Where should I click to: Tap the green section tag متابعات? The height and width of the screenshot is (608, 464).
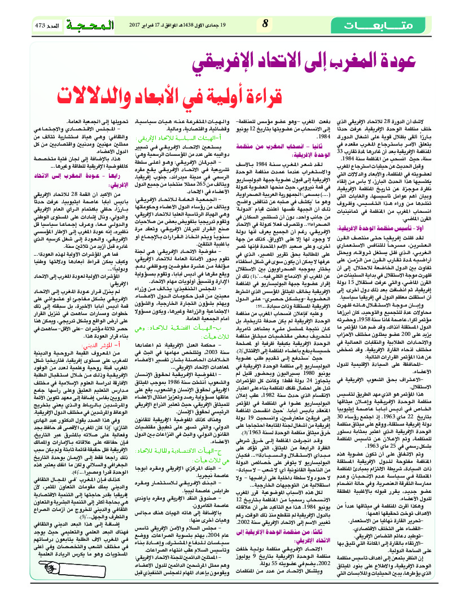pos(402,25)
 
